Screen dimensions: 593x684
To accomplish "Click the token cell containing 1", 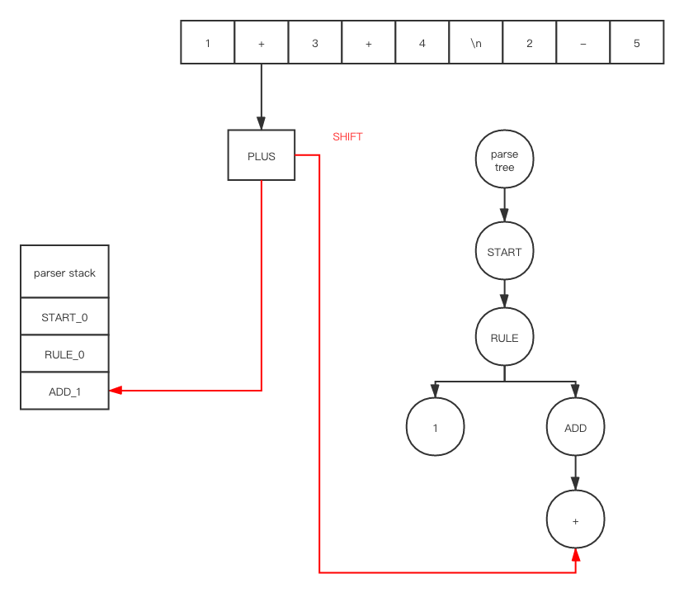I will (208, 43).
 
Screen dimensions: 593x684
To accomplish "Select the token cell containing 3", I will (315, 43).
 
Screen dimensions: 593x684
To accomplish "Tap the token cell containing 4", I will (422, 43).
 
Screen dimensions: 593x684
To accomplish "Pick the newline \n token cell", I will (476, 43).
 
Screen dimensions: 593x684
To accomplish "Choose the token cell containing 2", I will (530, 43).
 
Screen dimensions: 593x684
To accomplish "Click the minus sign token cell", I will (583, 43).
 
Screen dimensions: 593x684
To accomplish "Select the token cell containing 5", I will (636, 43).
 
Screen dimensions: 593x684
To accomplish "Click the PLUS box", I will (261, 155).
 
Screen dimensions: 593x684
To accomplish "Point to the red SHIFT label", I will (347, 137).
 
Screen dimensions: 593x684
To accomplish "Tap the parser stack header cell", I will (64, 273).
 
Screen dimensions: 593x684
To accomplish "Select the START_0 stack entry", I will (64, 317).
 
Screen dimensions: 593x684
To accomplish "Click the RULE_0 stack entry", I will (64, 355).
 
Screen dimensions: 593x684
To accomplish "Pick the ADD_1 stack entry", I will (64, 391).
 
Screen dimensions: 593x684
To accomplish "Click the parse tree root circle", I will (504, 161).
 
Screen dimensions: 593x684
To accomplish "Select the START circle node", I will (504, 252).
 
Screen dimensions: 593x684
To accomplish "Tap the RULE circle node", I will (504, 338).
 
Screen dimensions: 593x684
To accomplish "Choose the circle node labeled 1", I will (435, 427).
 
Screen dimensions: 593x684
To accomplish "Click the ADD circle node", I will (575, 427).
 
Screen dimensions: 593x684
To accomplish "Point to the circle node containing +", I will (575, 521).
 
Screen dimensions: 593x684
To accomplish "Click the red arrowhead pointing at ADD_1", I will (116, 390).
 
